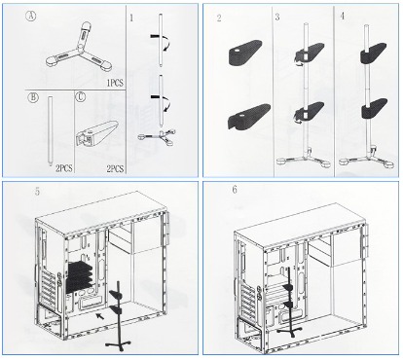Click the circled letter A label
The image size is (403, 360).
tap(31, 17)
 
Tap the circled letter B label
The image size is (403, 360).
tap(33, 97)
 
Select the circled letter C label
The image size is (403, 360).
tap(81, 96)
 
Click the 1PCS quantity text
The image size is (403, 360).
tap(115, 83)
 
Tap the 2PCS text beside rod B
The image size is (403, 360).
tap(64, 168)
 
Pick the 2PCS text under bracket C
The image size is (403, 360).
tap(115, 168)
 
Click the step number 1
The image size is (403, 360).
tap(131, 18)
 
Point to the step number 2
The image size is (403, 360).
tap(219, 18)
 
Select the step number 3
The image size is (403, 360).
tap(277, 17)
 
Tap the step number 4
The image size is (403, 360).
tap(343, 16)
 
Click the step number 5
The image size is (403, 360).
tap(38, 191)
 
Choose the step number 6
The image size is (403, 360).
tap(235, 190)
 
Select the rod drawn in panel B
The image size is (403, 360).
tap(50, 130)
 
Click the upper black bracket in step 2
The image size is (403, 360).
tap(245, 53)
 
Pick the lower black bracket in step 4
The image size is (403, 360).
tap(374, 109)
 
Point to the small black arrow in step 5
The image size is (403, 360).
tap(100, 316)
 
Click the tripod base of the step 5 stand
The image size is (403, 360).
tap(118, 345)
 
